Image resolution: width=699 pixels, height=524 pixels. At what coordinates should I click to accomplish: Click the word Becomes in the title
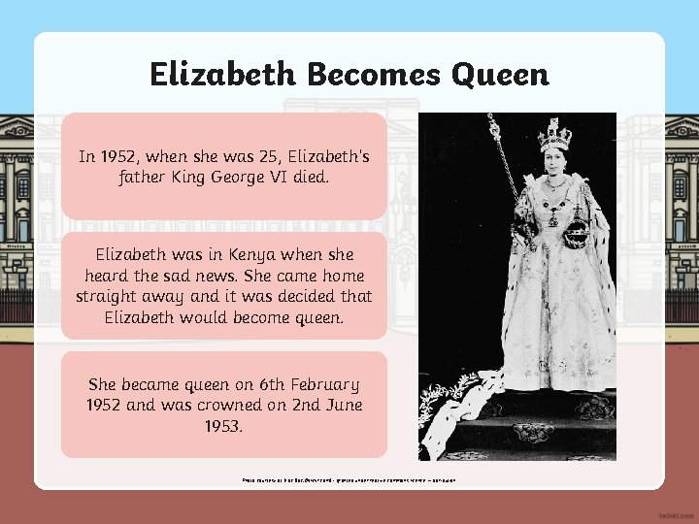point(369,74)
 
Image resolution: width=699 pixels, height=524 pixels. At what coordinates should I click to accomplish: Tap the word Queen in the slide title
point(501,74)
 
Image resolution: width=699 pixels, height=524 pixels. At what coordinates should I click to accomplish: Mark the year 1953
point(224,425)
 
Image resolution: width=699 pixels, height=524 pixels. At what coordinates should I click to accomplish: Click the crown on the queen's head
point(554,135)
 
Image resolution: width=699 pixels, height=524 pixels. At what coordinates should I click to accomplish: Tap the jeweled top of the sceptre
point(494,126)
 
